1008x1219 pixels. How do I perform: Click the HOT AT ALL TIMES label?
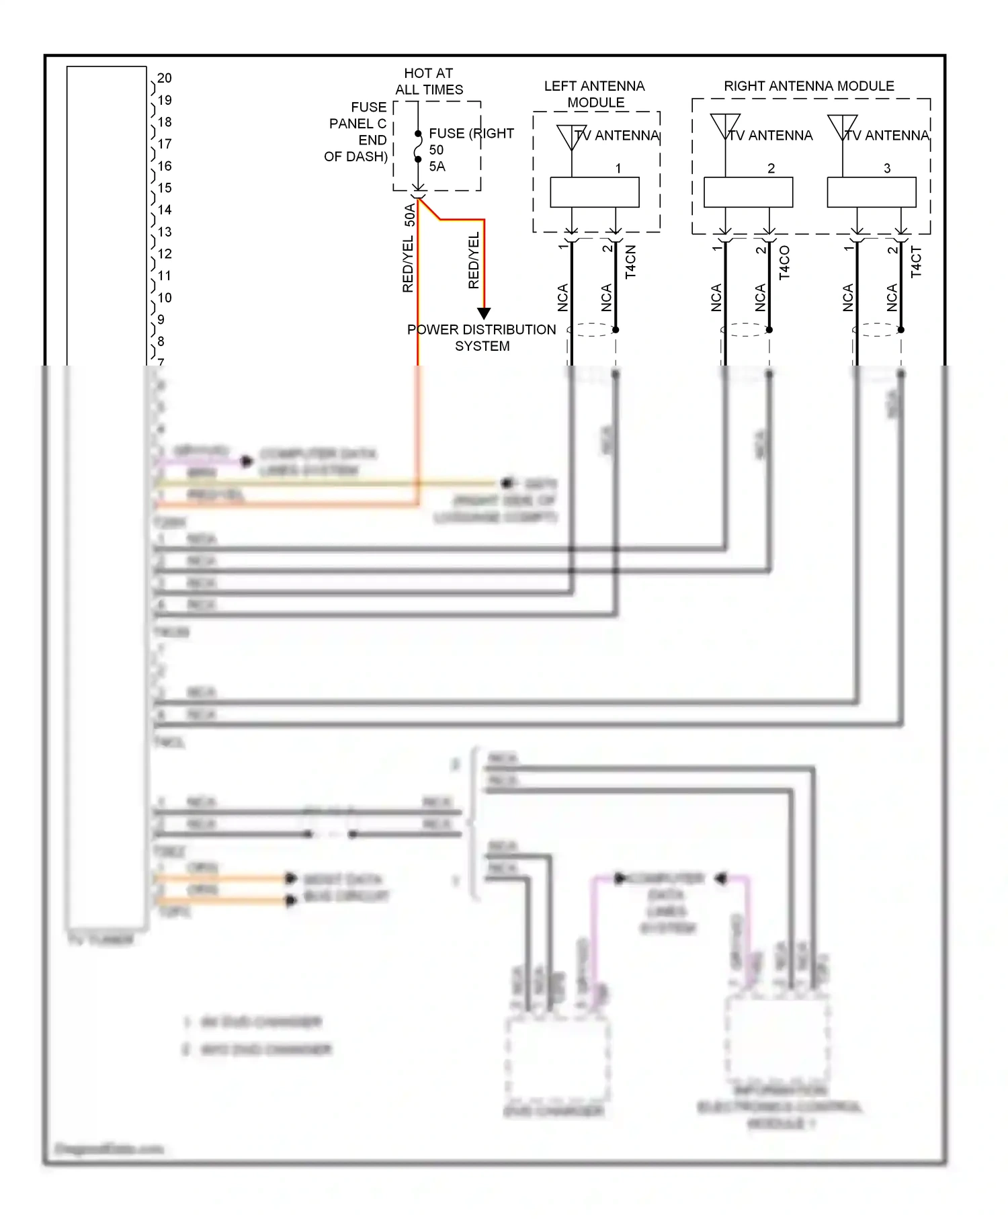[429, 81]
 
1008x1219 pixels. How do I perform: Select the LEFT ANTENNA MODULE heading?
[595, 94]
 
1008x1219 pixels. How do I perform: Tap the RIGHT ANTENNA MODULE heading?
[809, 86]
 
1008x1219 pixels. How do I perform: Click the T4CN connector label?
[630, 262]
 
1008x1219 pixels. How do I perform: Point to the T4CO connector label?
[784, 262]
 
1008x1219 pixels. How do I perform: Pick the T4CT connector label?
[916, 262]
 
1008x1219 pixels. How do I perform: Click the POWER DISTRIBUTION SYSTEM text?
[482, 337]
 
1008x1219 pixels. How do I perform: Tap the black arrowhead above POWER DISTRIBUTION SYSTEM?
[484, 313]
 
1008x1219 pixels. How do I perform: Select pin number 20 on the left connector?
[165, 78]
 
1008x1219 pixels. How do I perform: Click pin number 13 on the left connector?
[165, 232]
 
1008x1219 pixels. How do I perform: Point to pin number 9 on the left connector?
[161, 319]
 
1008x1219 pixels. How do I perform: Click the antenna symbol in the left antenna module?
[571, 137]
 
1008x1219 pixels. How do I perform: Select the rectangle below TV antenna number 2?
[748, 192]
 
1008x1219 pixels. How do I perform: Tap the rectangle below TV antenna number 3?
[872, 192]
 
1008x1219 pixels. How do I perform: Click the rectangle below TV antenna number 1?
[595, 192]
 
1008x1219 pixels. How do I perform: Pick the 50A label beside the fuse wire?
[410, 214]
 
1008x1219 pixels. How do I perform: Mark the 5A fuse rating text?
[437, 166]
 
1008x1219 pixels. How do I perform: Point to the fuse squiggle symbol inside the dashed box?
[418, 146]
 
